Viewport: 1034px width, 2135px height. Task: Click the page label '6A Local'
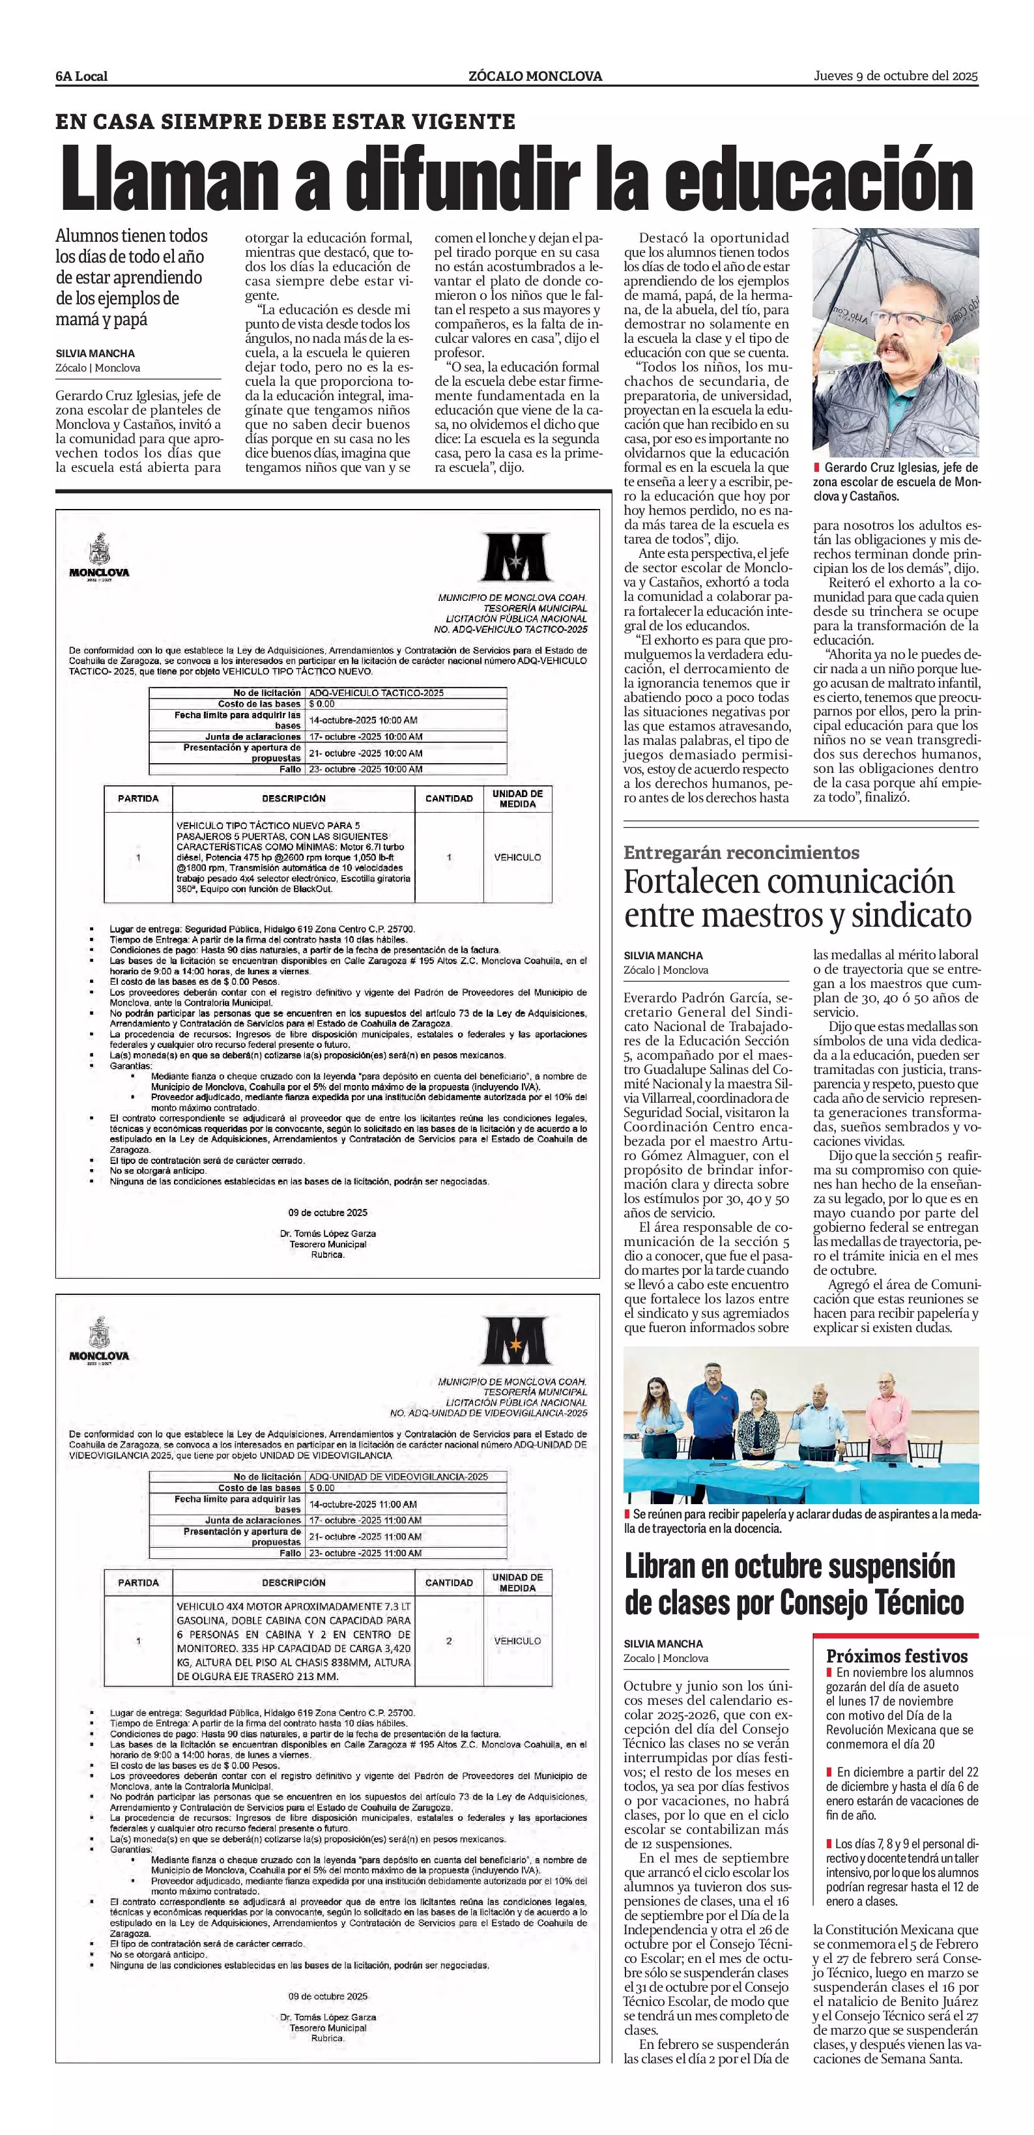(x=81, y=76)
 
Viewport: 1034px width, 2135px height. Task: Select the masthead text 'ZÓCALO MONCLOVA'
(x=535, y=76)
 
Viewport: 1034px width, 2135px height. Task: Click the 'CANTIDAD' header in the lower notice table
(x=448, y=1582)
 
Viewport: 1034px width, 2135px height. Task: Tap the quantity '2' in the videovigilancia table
(x=449, y=1640)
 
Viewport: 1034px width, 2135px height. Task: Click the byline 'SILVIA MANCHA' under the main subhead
(x=95, y=353)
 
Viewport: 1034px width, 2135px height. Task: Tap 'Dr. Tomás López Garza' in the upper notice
(x=328, y=1233)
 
